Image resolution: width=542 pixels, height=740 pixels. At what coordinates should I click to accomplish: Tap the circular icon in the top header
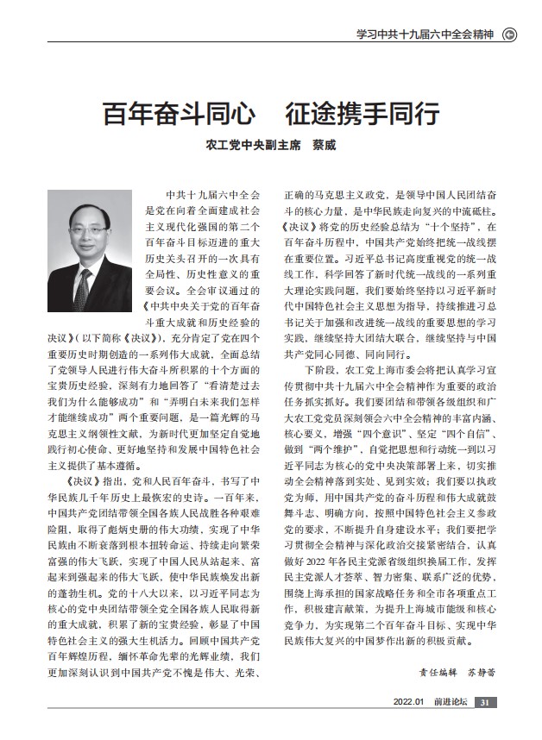coord(509,35)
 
